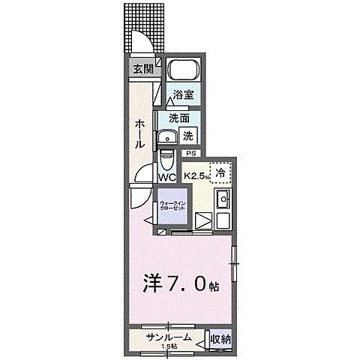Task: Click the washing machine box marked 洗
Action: coord(189,136)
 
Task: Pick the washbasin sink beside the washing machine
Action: coord(166,137)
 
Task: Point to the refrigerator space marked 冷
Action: coord(220,173)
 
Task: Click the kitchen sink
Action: coord(222,200)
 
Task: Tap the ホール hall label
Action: coord(139,133)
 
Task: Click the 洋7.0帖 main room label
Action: coord(181,286)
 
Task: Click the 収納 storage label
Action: coord(220,339)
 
